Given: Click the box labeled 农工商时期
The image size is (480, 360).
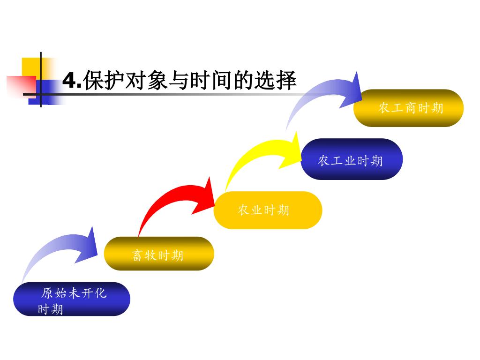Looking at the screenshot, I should [408, 108].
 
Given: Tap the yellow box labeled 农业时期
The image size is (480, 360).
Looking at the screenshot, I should [268, 210].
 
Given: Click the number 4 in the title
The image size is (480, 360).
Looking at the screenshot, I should [69, 81].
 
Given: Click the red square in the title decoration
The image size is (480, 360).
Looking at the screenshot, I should [19, 86].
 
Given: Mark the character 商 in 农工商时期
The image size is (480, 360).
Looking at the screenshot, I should [411, 108].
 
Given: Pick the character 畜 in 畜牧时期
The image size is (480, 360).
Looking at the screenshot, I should [137, 255].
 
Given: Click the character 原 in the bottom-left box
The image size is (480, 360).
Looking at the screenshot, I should [47, 294].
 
